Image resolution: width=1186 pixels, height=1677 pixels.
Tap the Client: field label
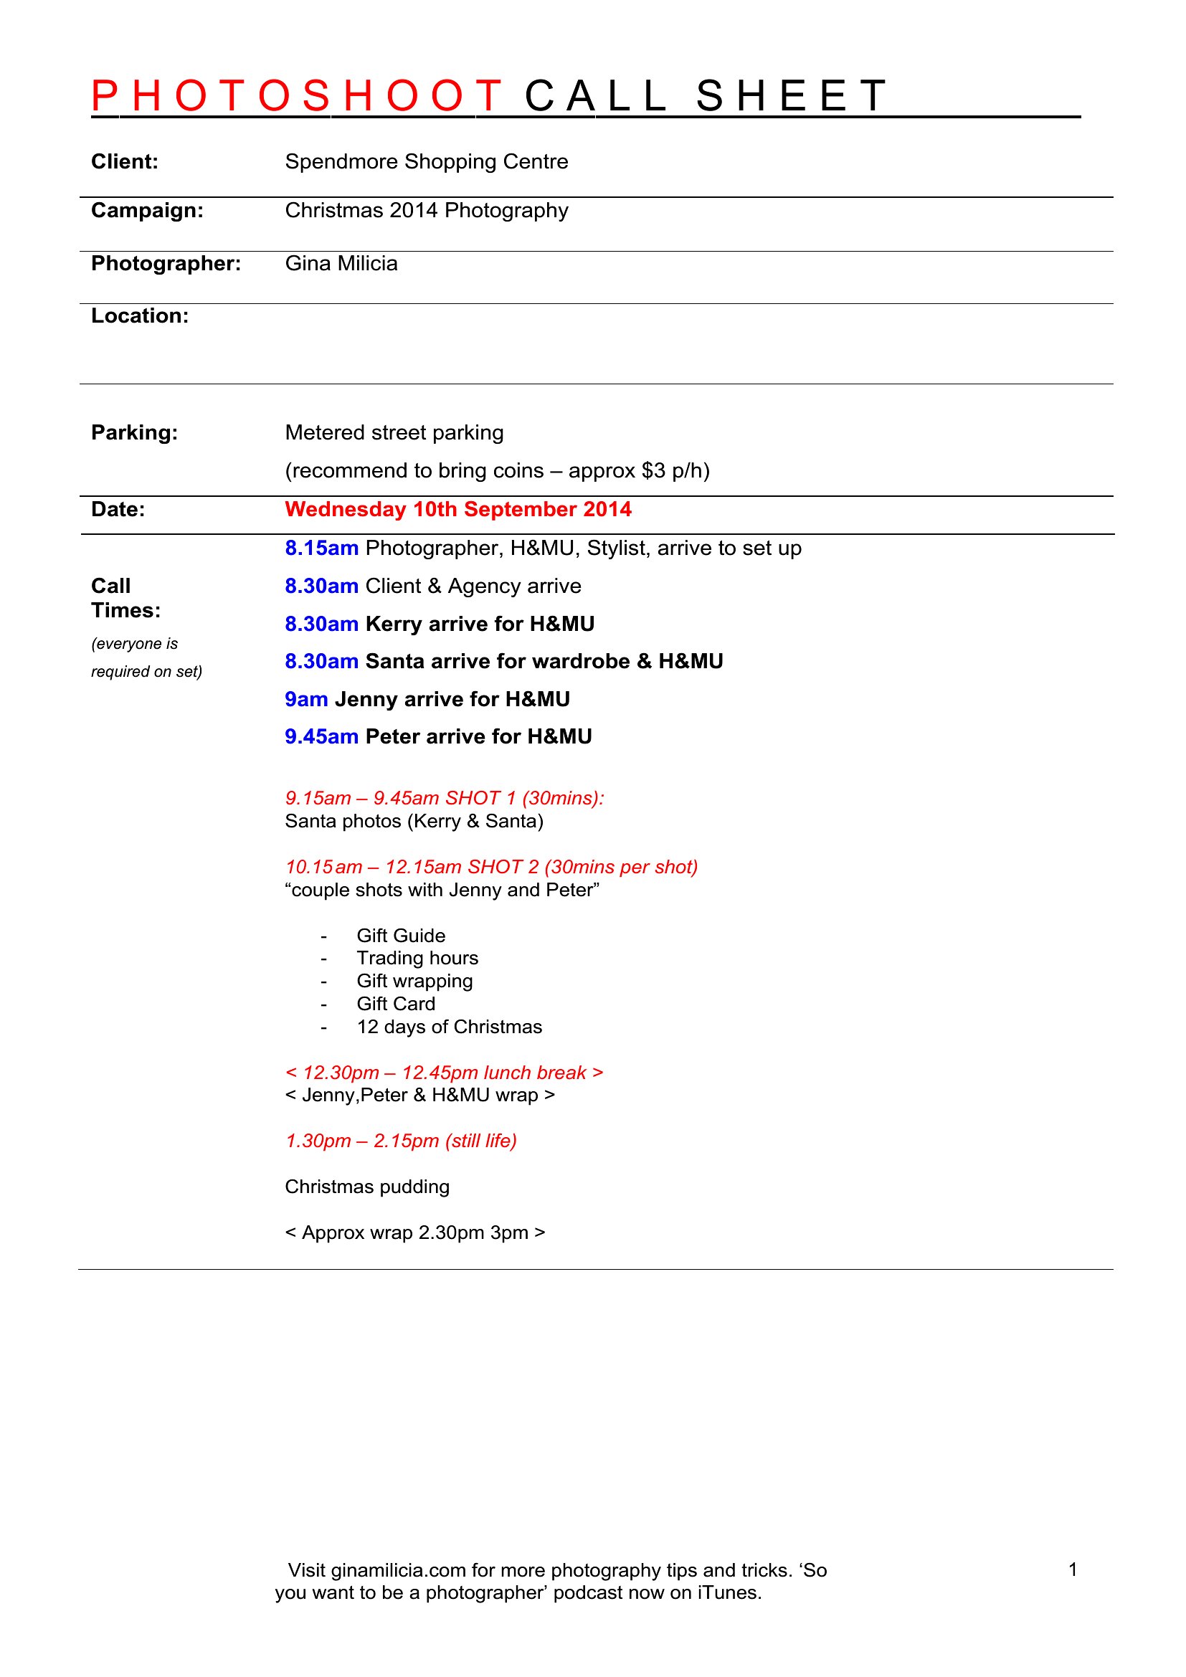click(124, 161)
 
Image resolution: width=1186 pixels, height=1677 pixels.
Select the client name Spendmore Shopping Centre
click(426, 161)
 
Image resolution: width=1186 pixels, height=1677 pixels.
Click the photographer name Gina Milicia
click(341, 263)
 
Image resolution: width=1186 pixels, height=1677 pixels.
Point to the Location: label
click(140, 315)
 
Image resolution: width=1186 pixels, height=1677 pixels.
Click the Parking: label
click(134, 432)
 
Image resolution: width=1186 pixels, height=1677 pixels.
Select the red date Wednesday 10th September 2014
click(458, 509)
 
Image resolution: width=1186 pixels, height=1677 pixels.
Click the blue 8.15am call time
click(321, 548)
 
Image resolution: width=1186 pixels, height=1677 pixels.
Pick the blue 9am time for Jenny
click(306, 699)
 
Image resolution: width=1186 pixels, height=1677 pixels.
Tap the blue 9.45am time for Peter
click(321, 736)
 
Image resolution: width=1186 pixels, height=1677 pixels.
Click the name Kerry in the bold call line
click(393, 624)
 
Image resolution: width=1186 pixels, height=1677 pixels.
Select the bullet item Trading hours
click(417, 958)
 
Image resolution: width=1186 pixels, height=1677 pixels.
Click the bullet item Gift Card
click(396, 1004)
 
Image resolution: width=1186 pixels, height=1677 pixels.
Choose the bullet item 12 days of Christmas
click(449, 1027)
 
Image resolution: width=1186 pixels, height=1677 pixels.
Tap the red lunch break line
click(444, 1072)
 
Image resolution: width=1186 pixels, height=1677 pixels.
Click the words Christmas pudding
click(366, 1186)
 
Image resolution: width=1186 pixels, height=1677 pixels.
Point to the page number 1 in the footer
click(1073, 1569)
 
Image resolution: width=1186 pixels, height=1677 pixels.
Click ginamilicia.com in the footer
click(398, 1570)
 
